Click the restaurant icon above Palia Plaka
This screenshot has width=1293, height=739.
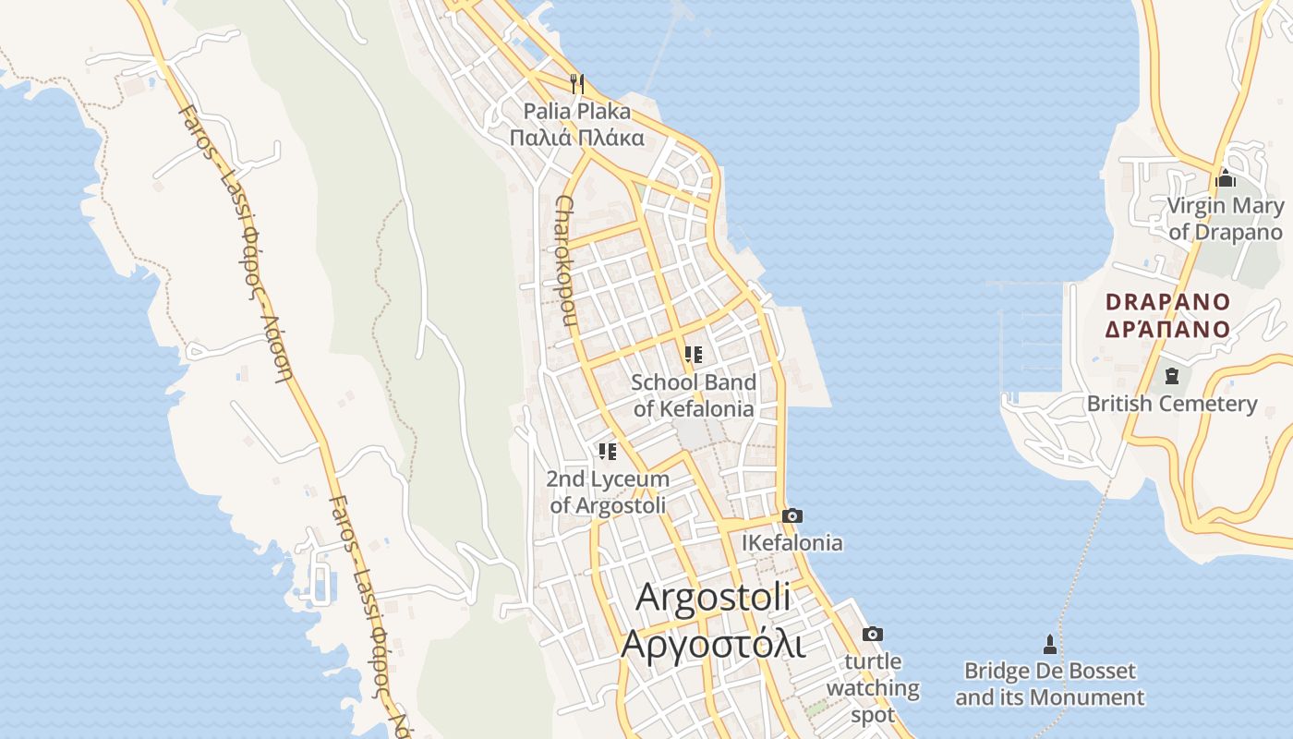(577, 84)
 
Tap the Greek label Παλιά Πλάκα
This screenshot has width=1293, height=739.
(577, 139)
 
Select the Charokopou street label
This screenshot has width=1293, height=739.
(566, 262)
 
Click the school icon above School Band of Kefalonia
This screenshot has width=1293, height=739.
(694, 354)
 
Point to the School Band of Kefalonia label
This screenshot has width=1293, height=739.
(694, 395)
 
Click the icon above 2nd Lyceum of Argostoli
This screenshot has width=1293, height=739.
(607, 452)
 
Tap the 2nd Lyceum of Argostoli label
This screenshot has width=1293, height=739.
(608, 492)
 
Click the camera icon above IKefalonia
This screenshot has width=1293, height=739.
(792, 515)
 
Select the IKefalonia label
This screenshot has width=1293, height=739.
(792, 543)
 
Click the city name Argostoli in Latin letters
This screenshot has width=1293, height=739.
(714, 597)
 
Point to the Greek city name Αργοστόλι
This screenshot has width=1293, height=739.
(713, 643)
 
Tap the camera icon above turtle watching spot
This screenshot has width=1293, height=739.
(872, 634)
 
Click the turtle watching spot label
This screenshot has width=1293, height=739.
(873, 688)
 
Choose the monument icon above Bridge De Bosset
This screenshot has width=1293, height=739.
(1049, 643)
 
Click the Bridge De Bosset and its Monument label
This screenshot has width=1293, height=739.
(1049, 684)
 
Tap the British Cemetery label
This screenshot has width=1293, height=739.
(1172, 404)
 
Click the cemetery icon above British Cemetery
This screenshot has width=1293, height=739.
(1172, 376)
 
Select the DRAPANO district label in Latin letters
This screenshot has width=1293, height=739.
(1168, 302)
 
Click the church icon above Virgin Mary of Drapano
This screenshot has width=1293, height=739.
(1227, 178)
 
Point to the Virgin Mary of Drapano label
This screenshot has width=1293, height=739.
(1226, 219)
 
